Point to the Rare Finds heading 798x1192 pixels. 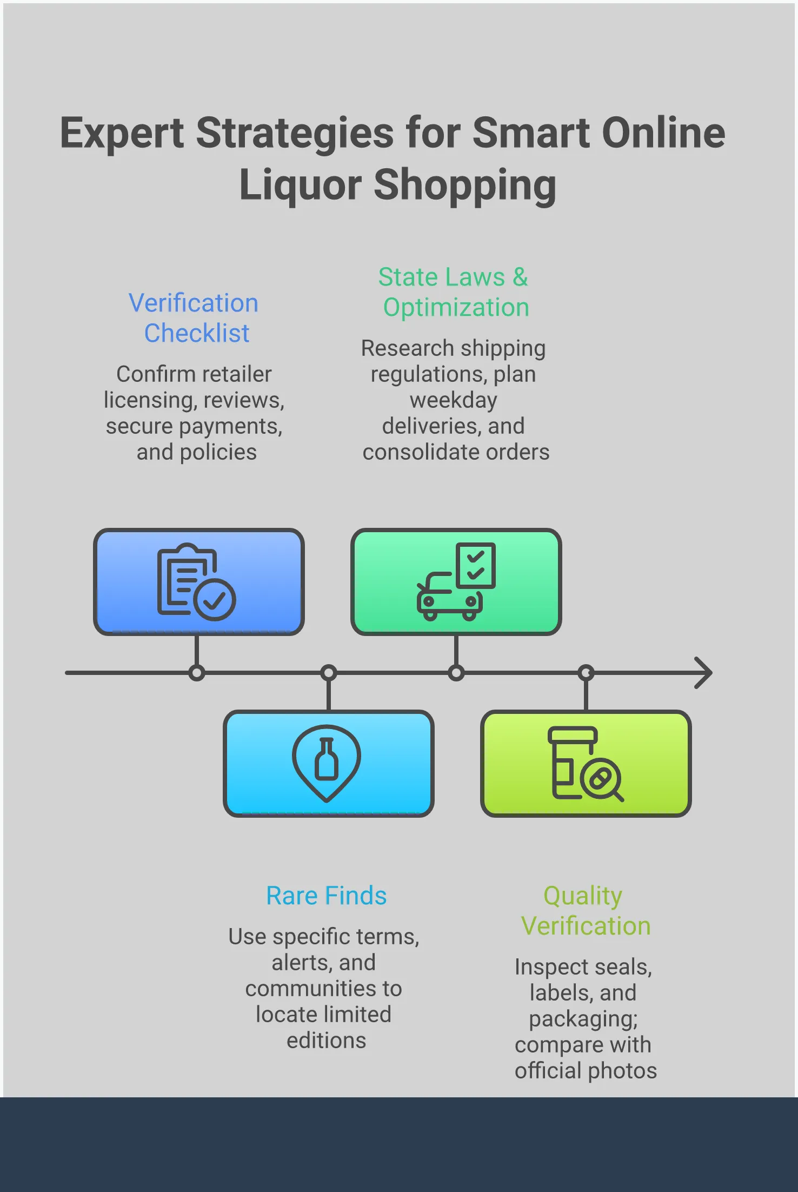tap(326, 896)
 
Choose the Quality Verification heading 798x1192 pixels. tap(585, 911)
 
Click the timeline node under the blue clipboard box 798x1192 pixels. tap(197, 673)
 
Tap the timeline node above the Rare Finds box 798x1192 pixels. tap(328, 673)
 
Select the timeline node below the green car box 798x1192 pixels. tap(456, 673)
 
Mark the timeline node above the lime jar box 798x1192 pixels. tap(586, 673)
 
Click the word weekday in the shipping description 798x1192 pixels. tap(453, 400)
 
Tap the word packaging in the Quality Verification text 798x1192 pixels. tap(583, 1019)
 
